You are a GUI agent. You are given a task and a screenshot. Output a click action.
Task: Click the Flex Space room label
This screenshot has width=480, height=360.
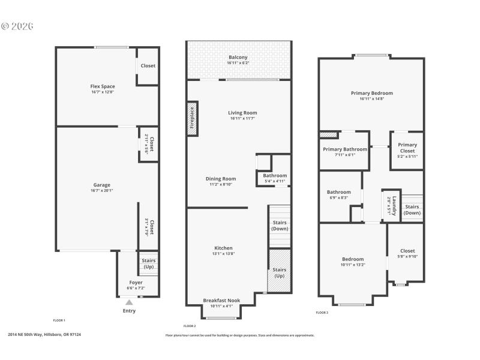(x=103, y=86)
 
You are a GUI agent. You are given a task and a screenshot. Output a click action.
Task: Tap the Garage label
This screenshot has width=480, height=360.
(x=102, y=185)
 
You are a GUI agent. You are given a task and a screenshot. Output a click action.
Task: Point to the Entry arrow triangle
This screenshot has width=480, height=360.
(x=129, y=303)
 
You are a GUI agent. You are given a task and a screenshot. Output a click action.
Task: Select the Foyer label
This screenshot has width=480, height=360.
(x=136, y=282)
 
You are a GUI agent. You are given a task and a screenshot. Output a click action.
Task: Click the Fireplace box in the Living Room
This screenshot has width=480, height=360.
(x=193, y=118)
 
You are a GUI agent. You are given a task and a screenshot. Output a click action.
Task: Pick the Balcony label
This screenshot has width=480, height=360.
(x=238, y=58)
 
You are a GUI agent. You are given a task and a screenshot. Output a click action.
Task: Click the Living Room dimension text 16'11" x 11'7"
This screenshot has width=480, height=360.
(x=242, y=119)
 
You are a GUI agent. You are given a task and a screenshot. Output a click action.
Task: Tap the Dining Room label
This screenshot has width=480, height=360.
(x=221, y=178)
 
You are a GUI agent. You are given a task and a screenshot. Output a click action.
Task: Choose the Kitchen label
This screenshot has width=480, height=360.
(x=223, y=248)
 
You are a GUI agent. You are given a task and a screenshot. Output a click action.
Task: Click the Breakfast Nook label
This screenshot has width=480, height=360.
(x=221, y=300)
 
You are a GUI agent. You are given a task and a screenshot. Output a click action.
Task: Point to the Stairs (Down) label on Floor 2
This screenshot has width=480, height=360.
(x=280, y=226)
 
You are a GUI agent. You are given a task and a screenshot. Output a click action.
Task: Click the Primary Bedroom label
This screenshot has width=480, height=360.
(x=372, y=93)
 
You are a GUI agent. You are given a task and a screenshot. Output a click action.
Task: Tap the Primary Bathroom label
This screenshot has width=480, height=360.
(x=345, y=149)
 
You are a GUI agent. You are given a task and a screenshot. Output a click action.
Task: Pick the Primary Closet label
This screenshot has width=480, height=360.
(x=407, y=148)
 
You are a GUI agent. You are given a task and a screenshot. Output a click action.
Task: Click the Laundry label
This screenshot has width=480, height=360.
(x=394, y=202)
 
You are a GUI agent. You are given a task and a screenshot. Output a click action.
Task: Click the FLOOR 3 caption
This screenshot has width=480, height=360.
(x=322, y=313)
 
